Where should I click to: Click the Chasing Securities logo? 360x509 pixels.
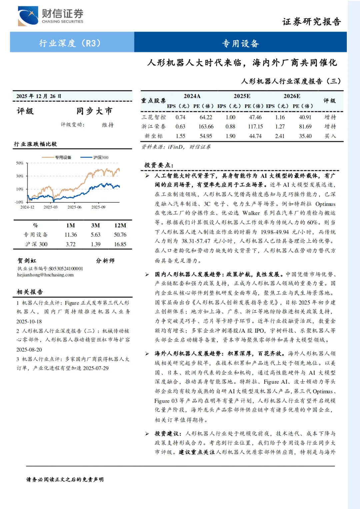click(x=50, y=16)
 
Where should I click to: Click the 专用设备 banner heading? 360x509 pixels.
click(x=240, y=43)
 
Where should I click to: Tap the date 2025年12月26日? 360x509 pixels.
click(x=39, y=96)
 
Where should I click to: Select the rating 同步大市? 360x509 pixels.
click(x=94, y=111)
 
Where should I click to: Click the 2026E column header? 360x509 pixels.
click(x=292, y=96)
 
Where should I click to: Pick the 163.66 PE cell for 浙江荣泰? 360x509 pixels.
click(x=206, y=127)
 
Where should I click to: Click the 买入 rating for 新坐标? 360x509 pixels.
click(x=330, y=136)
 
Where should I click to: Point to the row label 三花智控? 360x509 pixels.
click(x=153, y=117)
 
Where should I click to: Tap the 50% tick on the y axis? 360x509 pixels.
click(x=20, y=163)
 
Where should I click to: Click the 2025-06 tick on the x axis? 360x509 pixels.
click(x=74, y=207)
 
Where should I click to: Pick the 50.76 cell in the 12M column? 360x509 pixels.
click(x=120, y=235)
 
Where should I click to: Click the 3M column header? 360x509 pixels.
click(x=96, y=225)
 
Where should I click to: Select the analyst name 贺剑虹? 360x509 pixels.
click(x=27, y=261)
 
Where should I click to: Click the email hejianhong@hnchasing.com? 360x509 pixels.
click(x=45, y=275)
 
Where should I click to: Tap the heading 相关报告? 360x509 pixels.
click(x=30, y=292)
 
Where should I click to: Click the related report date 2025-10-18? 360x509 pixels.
click(x=29, y=321)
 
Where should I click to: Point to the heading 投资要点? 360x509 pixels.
click(x=159, y=165)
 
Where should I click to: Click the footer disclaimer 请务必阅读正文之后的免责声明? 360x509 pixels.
click(x=65, y=479)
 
